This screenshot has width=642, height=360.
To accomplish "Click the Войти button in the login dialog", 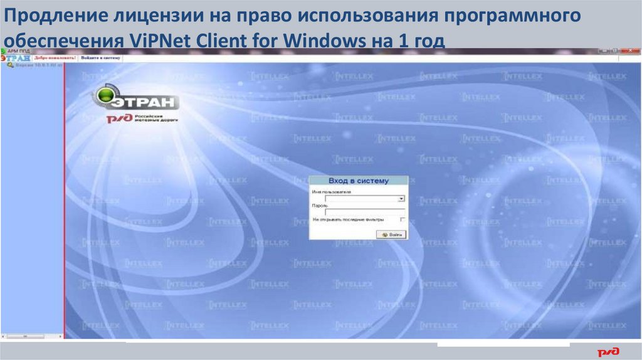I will (392, 234).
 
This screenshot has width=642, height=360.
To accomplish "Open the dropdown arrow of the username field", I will (402, 199).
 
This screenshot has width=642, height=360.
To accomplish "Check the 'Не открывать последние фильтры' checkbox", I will (402, 220).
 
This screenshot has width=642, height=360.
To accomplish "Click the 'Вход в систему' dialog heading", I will (358, 181).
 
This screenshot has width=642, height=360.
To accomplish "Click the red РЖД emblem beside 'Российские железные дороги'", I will (118, 119).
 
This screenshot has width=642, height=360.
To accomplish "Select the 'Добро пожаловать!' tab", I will (55, 57).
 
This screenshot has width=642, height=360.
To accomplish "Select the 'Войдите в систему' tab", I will (100, 57).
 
